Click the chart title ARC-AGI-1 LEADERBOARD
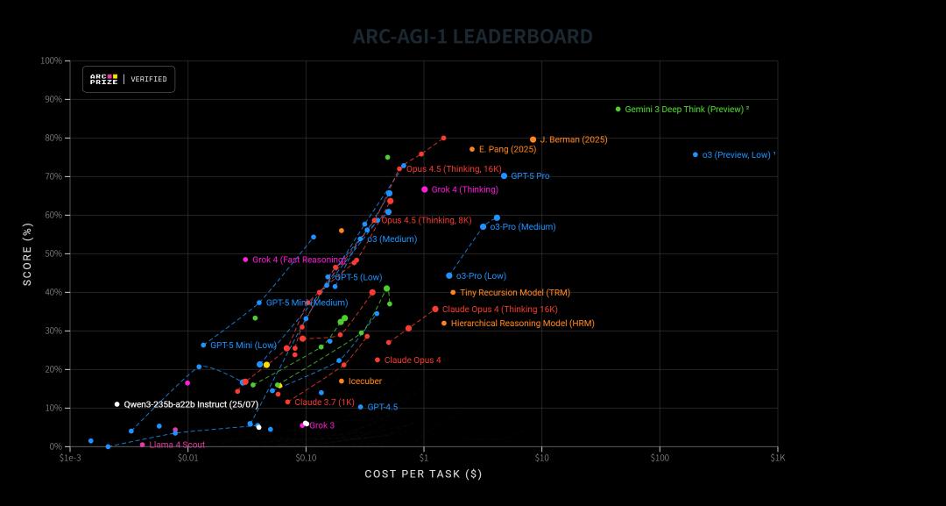click(473, 37)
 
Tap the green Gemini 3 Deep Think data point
click(618, 110)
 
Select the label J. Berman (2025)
click(573, 139)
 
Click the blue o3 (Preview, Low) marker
click(695, 154)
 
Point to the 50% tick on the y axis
click(51, 253)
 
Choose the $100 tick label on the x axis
click(660, 458)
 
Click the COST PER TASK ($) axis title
click(423, 474)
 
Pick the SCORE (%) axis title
click(27, 253)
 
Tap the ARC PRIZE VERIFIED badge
click(129, 79)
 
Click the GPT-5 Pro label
click(530, 176)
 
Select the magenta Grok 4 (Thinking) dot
click(425, 189)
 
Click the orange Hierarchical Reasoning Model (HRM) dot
click(444, 324)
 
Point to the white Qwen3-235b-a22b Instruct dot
click(116, 404)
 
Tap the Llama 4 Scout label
click(177, 445)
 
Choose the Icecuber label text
click(364, 381)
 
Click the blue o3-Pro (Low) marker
click(449, 275)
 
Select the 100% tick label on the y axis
click(51, 61)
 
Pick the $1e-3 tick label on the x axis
click(70, 458)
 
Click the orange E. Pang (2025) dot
click(472, 149)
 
